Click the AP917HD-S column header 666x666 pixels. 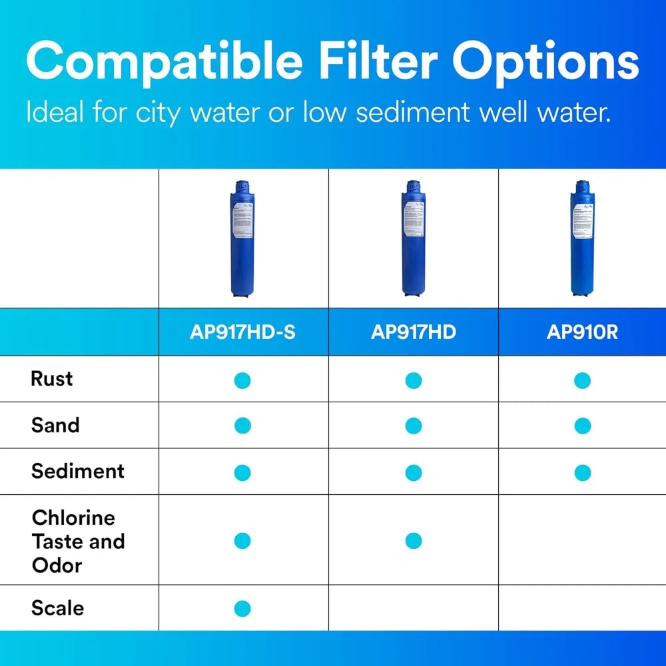242,332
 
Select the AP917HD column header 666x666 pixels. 413,332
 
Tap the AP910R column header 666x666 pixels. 582,332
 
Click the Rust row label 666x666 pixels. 52,379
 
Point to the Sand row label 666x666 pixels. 55,425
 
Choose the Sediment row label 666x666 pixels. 78,471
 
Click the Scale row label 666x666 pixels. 58,608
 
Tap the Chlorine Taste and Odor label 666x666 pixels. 78,541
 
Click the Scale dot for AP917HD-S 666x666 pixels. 242,608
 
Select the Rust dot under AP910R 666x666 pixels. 582,380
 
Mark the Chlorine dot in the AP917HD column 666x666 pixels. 413,541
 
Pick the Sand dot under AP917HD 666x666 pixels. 413,426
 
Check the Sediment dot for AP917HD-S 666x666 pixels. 242,473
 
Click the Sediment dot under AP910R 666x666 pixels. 582,473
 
